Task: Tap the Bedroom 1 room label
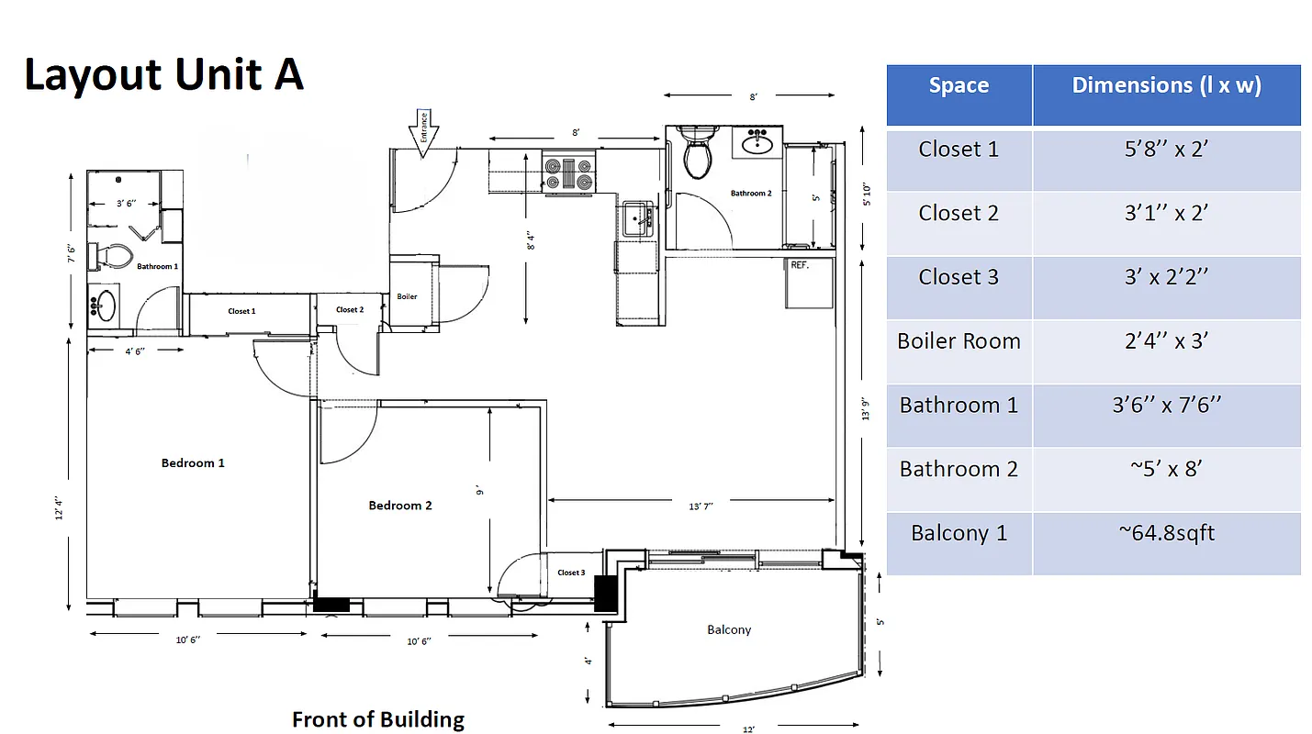(193, 463)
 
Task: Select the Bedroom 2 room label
(400, 506)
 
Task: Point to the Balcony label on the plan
(729, 629)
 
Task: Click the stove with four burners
(568, 173)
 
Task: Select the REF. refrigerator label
(800, 264)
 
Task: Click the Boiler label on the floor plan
(407, 296)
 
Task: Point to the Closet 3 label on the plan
(570, 573)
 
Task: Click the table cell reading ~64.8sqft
(1166, 534)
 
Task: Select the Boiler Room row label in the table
(959, 341)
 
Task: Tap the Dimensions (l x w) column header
(1166, 86)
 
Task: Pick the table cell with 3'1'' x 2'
(1166, 214)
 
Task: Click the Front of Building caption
(378, 719)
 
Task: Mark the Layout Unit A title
(163, 74)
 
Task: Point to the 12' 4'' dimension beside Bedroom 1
(60, 506)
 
